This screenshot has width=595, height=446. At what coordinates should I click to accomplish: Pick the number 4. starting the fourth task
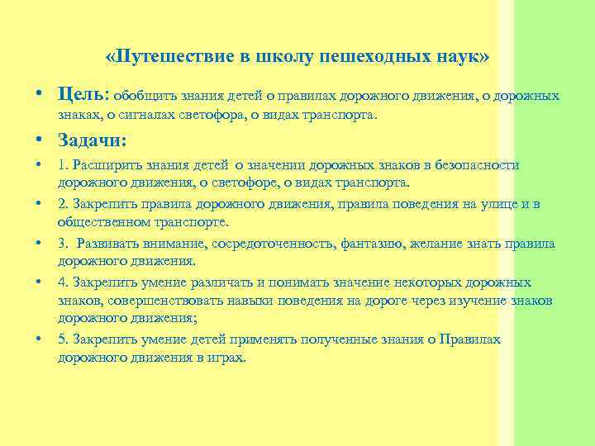pyautogui.click(x=63, y=282)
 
